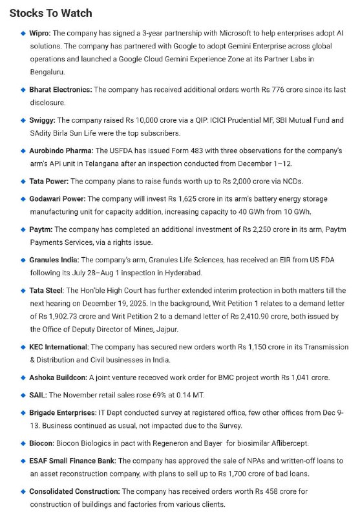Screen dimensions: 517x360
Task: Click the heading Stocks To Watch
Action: (50, 13)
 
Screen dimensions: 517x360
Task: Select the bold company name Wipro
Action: (39, 33)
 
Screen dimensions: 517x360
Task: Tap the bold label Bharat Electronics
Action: (61, 89)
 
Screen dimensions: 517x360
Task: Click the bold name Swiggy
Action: (43, 120)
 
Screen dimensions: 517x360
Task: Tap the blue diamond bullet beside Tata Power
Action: (23, 182)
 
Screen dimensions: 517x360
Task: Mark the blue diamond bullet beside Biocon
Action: (23, 444)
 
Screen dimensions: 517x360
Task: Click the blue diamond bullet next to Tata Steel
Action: (23, 291)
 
